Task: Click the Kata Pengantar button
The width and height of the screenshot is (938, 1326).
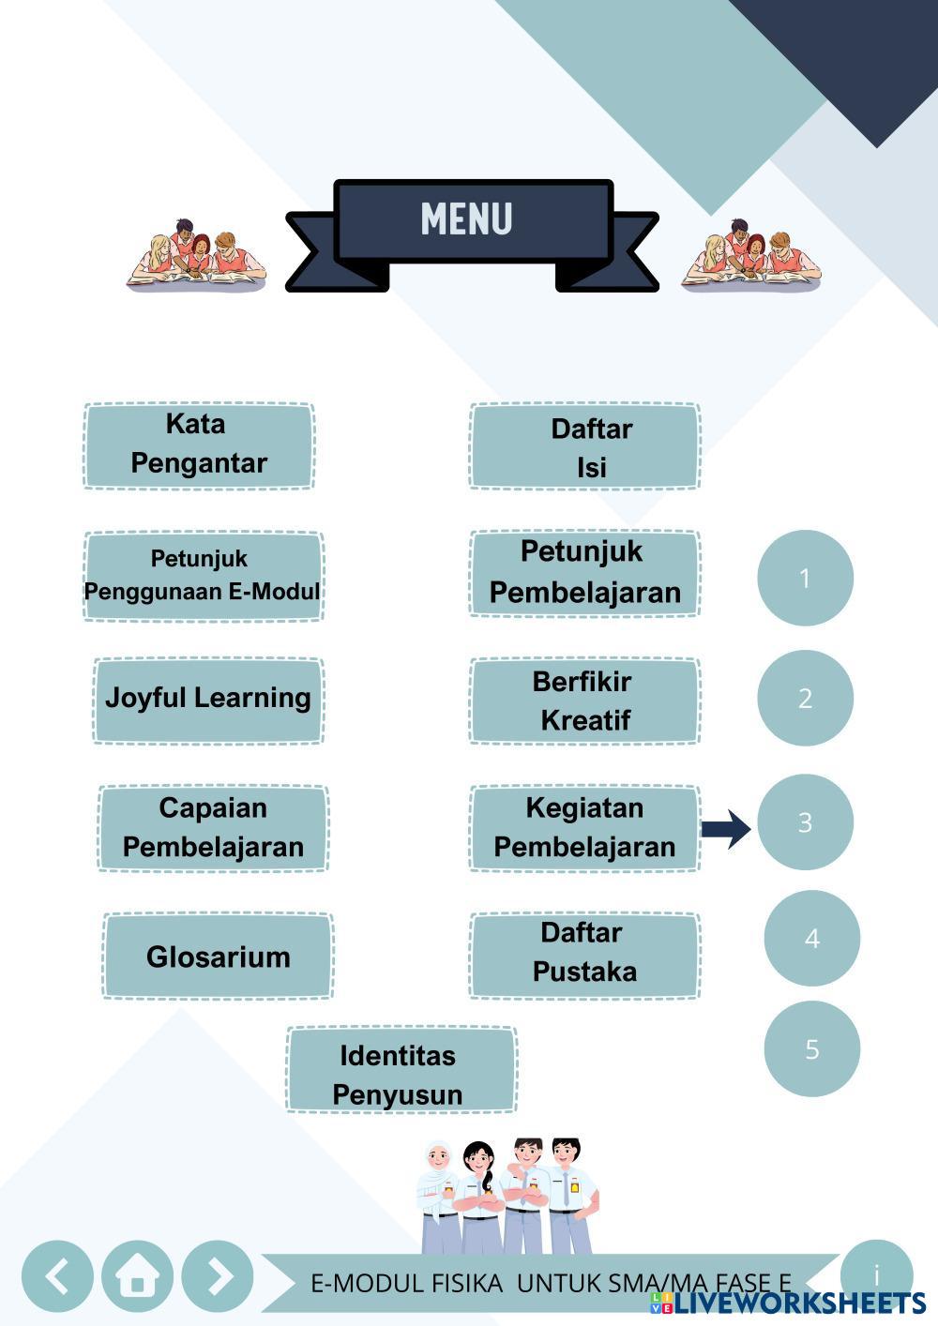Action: point(199,445)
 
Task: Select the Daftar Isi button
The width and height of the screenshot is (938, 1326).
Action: point(584,446)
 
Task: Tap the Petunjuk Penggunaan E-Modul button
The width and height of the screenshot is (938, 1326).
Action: point(204,576)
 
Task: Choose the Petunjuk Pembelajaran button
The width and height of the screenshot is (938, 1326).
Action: point(584,573)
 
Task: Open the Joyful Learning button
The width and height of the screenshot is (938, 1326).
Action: point(208,701)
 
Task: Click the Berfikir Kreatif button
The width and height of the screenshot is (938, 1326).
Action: point(584,701)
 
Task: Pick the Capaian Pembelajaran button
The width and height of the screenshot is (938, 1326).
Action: point(213,828)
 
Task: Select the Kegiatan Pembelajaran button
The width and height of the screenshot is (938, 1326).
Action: point(584,828)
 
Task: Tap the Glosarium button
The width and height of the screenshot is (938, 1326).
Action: point(218,956)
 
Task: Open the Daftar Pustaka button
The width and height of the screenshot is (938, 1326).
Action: point(584,956)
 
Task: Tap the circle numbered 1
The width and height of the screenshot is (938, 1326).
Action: point(805,578)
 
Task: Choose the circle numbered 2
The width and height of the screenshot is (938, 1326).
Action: point(805,698)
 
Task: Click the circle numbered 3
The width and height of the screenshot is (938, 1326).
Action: point(805,821)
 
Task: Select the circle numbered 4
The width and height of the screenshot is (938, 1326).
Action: point(811,938)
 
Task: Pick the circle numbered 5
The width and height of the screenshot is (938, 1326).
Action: point(811,1048)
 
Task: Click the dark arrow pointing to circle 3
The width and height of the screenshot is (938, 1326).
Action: point(726,828)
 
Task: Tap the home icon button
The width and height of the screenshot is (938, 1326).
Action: point(137,1276)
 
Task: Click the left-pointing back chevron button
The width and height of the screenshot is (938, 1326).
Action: point(57,1276)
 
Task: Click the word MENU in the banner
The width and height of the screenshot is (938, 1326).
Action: point(466,219)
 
